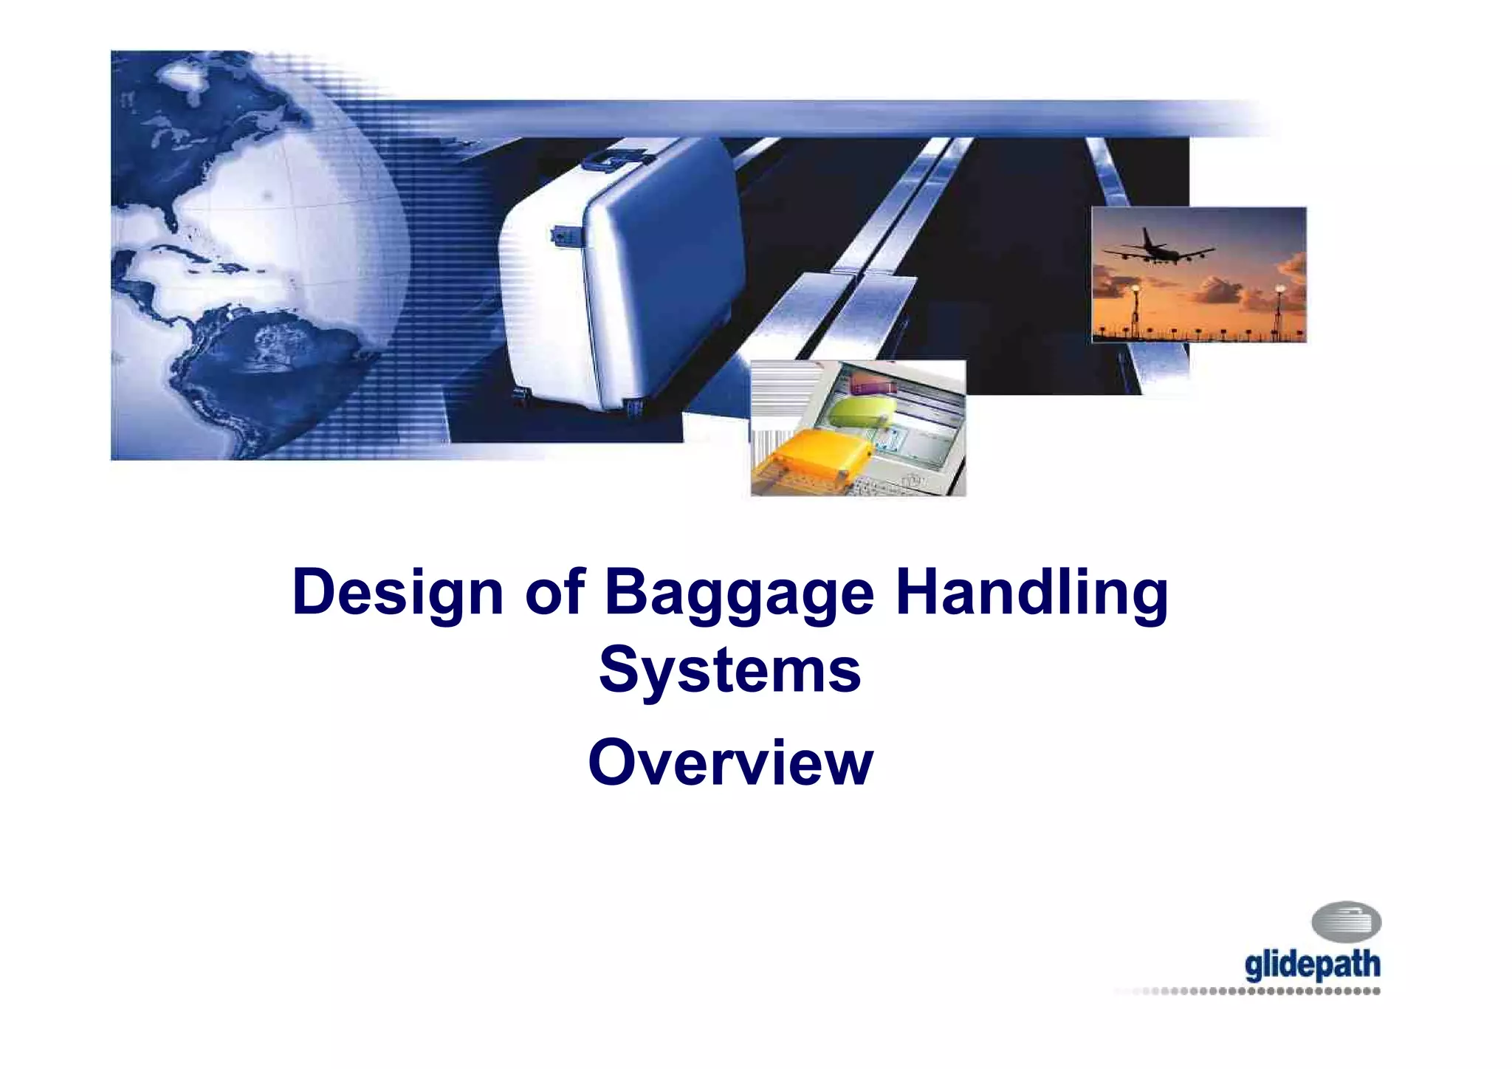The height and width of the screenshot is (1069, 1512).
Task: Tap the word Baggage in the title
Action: click(x=739, y=593)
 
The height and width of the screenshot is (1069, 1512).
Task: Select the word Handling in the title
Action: click(x=1031, y=593)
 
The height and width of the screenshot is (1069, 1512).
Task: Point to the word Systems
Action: click(x=729, y=670)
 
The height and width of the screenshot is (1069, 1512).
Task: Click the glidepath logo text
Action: click(x=1312, y=966)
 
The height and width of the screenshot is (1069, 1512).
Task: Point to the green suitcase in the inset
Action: click(x=856, y=412)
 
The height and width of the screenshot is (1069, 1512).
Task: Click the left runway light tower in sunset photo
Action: click(x=1133, y=310)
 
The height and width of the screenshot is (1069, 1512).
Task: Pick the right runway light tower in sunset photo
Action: click(x=1279, y=310)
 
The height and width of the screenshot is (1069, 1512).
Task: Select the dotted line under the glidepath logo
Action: click(x=1255, y=991)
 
